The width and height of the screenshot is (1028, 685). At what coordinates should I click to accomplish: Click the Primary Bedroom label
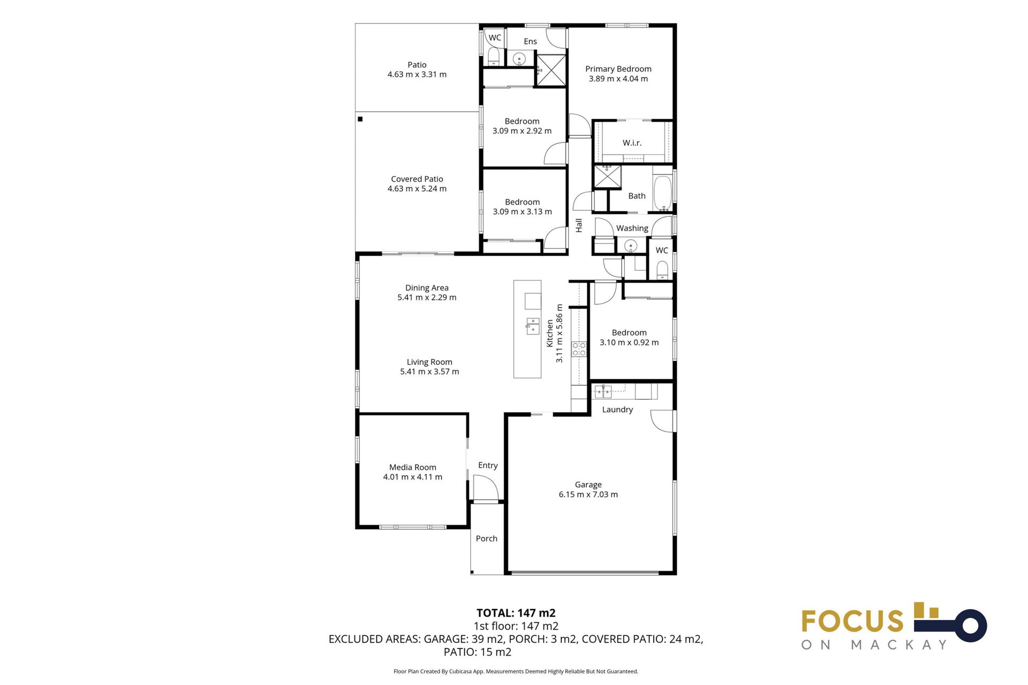click(x=618, y=69)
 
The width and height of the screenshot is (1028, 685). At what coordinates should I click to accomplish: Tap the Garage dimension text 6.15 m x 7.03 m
click(x=588, y=494)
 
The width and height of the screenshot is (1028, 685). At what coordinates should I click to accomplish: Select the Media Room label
click(x=412, y=467)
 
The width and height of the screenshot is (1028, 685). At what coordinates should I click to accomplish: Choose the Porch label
click(x=486, y=538)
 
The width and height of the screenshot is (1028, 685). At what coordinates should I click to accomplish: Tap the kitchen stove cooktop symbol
click(x=579, y=349)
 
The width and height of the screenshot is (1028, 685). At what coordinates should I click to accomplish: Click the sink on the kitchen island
click(x=532, y=326)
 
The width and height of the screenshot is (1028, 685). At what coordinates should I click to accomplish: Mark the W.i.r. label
click(x=632, y=143)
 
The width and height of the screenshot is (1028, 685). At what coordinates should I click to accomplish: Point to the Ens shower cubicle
click(x=551, y=70)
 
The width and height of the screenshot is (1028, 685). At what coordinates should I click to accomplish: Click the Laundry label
click(x=617, y=409)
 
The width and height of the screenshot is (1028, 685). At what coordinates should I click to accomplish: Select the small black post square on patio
click(x=360, y=119)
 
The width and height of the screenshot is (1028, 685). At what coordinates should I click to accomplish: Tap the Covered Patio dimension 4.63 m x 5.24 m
click(x=417, y=188)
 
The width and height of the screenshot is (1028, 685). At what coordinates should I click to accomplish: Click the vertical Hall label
click(x=578, y=226)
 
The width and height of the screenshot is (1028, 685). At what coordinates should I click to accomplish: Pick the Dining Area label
click(x=427, y=288)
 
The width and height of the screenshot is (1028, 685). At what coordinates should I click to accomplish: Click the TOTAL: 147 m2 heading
click(x=516, y=613)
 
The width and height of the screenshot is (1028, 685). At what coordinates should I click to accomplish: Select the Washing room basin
click(x=631, y=246)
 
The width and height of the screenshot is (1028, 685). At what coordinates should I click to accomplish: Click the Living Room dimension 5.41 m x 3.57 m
click(x=429, y=371)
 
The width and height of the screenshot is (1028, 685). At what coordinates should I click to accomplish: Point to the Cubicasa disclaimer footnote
click(x=516, y=671)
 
